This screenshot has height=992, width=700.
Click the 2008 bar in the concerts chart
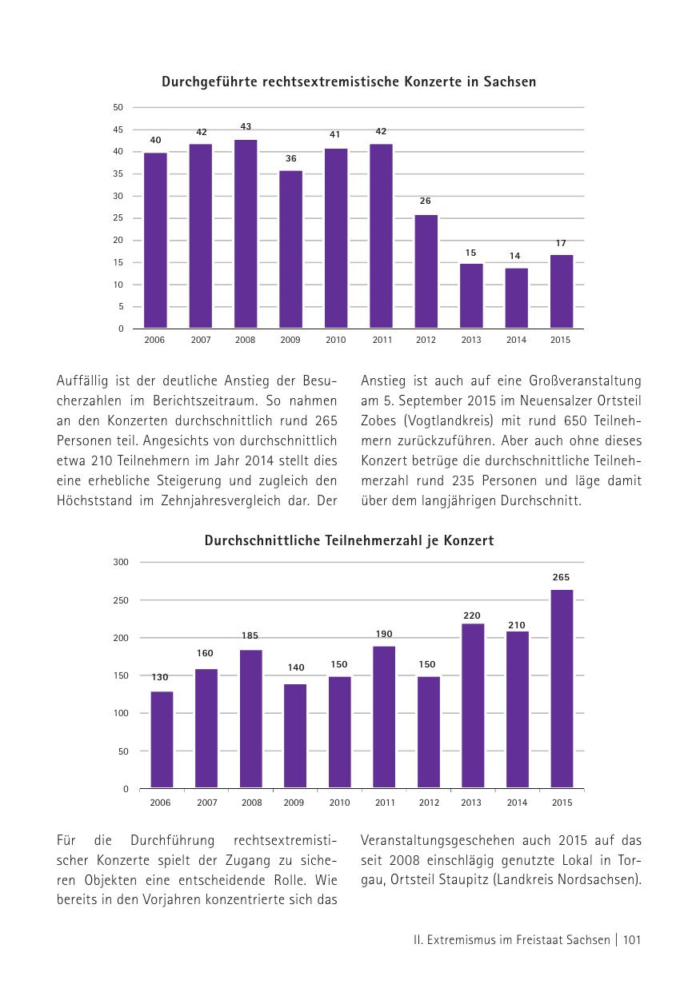click(x=246, y=234)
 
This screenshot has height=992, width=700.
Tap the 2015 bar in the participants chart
click(x=562, y=689)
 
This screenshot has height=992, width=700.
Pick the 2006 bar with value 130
click(x=162, y=740)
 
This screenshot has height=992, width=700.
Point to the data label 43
click(x=246, y=126)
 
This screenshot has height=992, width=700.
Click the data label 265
click(x=561, y=577)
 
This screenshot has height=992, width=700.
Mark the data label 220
click(x=472, y=616)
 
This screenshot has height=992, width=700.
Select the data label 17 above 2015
click(x=561, y=242)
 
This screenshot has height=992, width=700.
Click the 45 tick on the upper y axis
click(x=118, y=129)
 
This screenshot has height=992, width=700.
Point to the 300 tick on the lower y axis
click(x=121, y=562)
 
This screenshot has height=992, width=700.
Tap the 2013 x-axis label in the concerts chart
click(x=471, y=341)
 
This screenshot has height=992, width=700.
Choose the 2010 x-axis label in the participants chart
click(x=339, y=803)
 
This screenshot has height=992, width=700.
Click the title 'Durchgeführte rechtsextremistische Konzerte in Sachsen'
click(x=349, y=82)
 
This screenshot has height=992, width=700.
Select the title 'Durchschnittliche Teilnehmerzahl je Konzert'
click(x=349, y=541)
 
